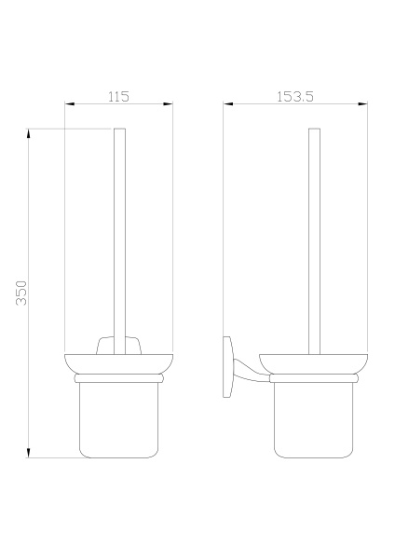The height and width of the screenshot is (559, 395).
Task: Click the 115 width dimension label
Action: pyautogui.click(x=118, y=97)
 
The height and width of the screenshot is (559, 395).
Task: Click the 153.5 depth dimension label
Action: pyautogui.click(x=295, y=97)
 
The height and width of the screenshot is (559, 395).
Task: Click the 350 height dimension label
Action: pyautogui.click(x=21, y=293)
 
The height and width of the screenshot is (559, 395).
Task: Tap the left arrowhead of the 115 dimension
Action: pyautogui.click(x=70, y=103)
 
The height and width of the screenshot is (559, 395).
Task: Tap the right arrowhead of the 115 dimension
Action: pyautogui.click(x=169, y=103)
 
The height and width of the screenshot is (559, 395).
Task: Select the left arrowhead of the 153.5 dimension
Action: pyautogui.click(x=228, y=103)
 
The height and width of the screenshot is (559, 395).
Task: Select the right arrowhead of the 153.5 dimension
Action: pyautogui.click(x=363, y=103)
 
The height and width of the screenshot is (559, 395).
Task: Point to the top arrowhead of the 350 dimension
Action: pyautogui.click(x=29, y=133)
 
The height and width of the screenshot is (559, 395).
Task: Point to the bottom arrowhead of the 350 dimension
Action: pyautogui.click(x=29, y=453)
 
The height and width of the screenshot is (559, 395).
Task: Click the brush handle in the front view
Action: pyautogui.click(x=120, y=241)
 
